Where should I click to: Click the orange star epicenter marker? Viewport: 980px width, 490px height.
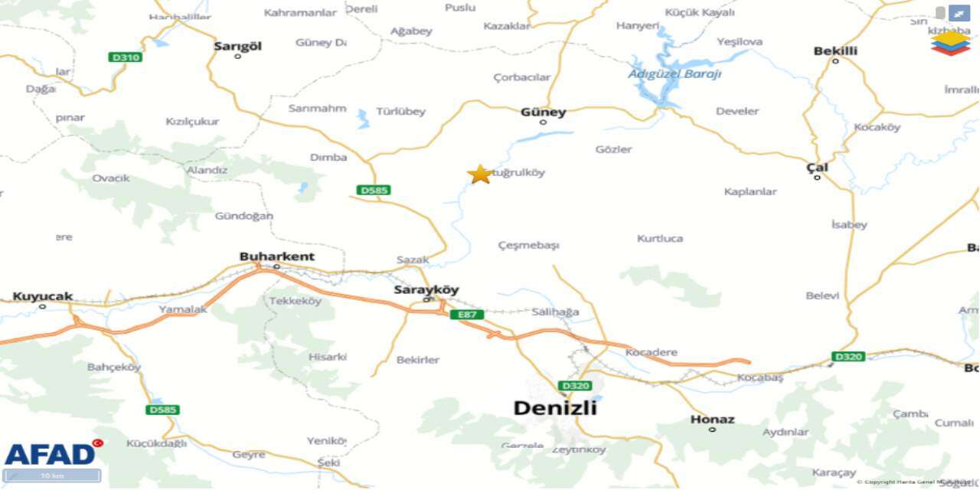pyautogui.click(x=480, y=175)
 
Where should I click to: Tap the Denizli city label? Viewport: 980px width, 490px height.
pyautogui.click(x=555, y=408)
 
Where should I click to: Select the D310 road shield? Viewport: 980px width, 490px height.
pyautogui.click(x=126, y=57)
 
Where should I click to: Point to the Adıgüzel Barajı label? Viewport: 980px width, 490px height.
pyautogui.click(x=675, y=74)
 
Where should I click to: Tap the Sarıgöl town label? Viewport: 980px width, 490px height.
pyautogui.click(x=237, y=46)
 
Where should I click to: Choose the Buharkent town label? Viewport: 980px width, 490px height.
pyautogui.click(x=276, y=256)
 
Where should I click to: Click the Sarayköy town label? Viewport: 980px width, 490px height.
pyautogui.click(x=426, y=289)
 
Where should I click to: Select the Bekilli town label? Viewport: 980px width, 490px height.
pyautogui.click(x=835, y=51)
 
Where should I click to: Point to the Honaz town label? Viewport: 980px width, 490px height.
pyautogui.click(x=712, y=420)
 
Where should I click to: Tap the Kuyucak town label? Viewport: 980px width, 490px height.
pyautogui.click(x=42, y=296)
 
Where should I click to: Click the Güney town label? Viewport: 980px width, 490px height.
pyautogui.click(x=543, y=112)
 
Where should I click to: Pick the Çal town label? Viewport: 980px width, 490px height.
pyautogui.click(x=817, y=168)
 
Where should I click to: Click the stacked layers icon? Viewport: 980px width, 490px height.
pyautogui.click(x=950, y=43)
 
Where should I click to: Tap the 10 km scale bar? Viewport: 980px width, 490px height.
pyautogui.click(x=52, y=475)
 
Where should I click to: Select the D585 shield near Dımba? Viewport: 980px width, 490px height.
pyautogui.click(x=374, y=190)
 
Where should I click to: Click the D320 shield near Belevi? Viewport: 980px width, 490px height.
pyautogui.click(x=848, y=357)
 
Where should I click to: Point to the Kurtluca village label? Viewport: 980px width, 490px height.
pyautogui.click(x=660, y=238)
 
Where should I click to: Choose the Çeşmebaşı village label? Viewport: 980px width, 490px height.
pyautogui.click(x=528, y=245)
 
